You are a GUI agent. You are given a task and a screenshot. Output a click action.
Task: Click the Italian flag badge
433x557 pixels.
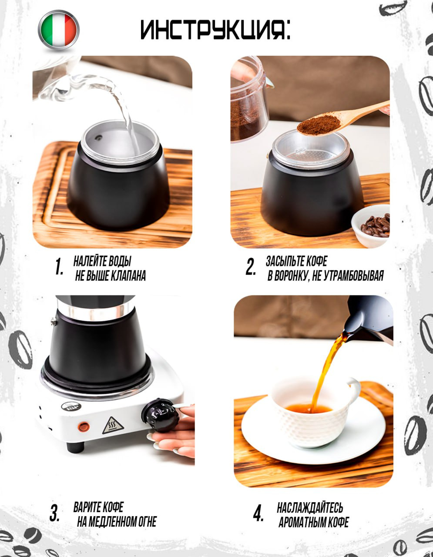[59, 30]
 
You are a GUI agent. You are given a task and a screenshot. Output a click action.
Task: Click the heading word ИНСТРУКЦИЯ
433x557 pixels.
[212, 30]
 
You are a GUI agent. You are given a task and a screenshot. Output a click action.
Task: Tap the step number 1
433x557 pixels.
[59, 267]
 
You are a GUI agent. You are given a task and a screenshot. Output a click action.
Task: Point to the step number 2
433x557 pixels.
[251, 267]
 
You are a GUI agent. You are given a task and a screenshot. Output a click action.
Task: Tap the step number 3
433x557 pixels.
[54, 513]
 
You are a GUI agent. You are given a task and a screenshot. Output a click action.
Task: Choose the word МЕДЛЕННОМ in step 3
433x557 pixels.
[112, 522]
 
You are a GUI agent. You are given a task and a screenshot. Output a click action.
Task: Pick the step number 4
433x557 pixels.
[258, 513]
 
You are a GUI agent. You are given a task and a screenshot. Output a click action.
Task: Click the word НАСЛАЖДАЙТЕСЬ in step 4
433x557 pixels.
[310, 507]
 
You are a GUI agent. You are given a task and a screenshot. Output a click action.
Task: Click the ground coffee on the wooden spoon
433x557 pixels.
[319, 125]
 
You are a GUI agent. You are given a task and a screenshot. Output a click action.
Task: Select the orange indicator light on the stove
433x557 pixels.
[84, 427]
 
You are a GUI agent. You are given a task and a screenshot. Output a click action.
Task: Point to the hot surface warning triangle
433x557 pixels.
[113, 426]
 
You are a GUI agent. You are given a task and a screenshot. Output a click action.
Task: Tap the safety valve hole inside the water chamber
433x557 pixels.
[98, 138]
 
